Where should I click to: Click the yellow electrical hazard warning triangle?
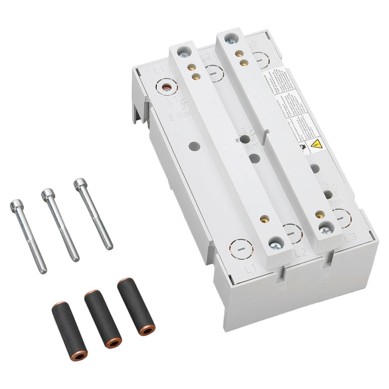[317, 145]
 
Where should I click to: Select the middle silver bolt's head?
[47, 194]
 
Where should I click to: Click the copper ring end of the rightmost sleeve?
[146, 331]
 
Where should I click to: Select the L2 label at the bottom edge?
[300, 253]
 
